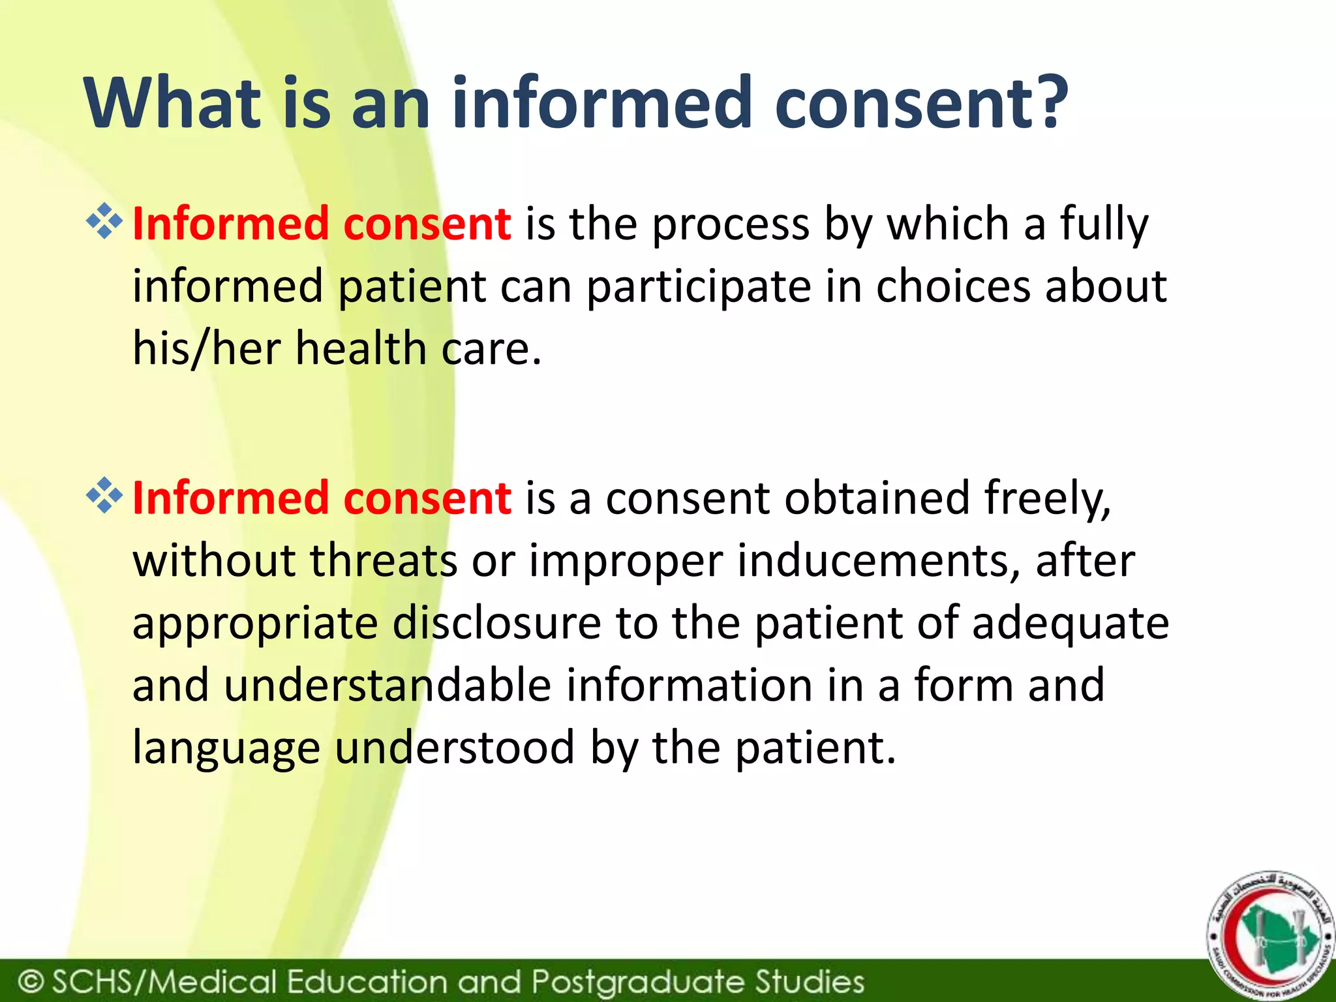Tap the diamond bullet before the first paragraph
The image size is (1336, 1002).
104,222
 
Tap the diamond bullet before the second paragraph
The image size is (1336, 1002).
104,496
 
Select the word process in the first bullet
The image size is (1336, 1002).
731,226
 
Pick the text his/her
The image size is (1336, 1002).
206,348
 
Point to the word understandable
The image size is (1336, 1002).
387,685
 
